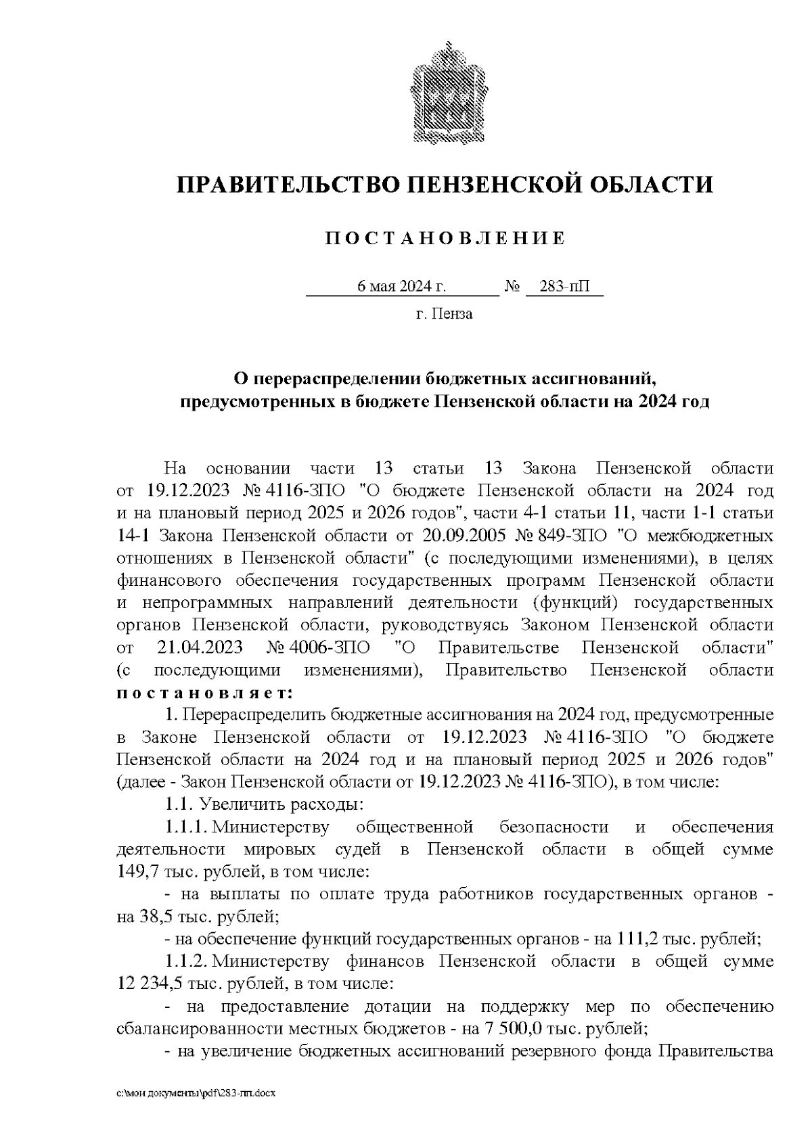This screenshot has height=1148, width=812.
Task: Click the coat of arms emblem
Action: click(445, 93)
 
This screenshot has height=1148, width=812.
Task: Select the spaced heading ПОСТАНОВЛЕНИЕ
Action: click(445, 238)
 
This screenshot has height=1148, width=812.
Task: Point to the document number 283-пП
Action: click(563, 288)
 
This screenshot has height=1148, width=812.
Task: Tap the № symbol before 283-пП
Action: click(512, 288)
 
